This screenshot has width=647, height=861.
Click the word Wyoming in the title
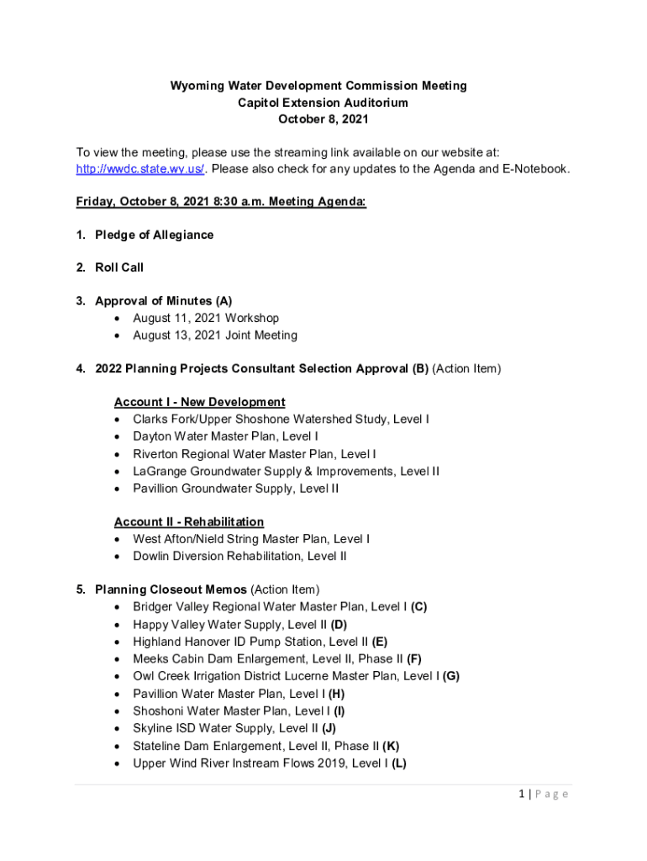click(x=197, y=86)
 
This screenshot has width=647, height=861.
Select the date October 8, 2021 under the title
click(x=323, y=119)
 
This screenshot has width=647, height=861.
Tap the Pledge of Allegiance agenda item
click(x=154, y=235)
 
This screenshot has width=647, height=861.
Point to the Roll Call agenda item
click(x=119, y=267)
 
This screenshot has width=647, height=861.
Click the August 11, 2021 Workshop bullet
click(x=206, y=318)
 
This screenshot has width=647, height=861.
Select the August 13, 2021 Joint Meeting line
click(x=214, y=335)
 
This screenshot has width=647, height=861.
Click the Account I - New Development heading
click(x=199, y=402)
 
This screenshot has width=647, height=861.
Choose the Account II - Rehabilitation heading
click(x=188, y=522)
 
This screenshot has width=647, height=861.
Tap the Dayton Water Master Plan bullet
click(x=225, y=436)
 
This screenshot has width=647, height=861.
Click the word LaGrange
click(x=160, y=471)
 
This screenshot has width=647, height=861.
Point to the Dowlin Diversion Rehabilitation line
click(x=239, y=556)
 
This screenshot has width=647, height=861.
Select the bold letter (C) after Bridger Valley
click(x=419, y=606)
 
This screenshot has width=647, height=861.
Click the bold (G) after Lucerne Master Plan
click(x=450, y=675)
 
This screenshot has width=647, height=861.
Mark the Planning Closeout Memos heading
click(x=171, y=589)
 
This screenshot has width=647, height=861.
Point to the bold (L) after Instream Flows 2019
click(x=398, y=763)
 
